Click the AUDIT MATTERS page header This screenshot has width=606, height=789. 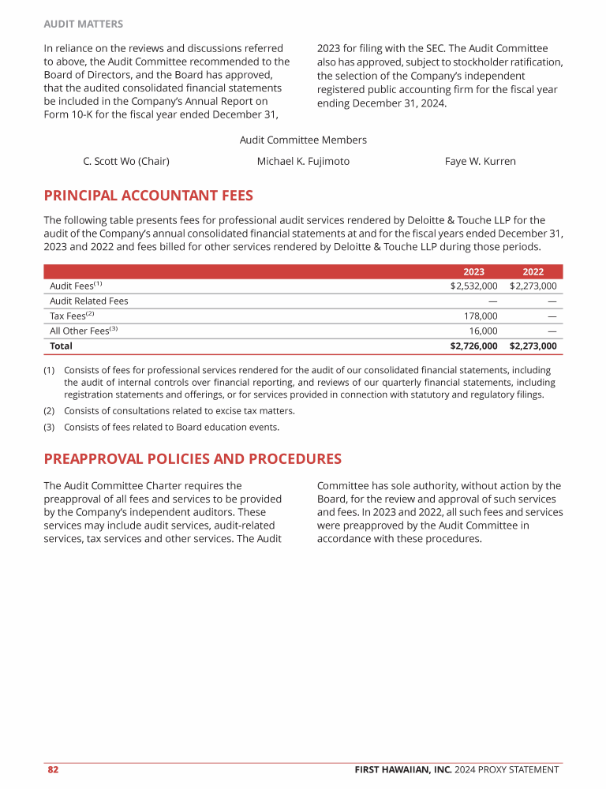point(83,24)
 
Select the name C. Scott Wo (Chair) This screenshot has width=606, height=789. point(126,161)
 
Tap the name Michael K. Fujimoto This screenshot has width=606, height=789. point(303,161)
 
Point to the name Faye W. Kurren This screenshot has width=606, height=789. point(480,161)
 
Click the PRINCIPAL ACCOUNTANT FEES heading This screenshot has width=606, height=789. point(148,195)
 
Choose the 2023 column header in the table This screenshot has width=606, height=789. point(473,271)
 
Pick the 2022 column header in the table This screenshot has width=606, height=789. point(533,271)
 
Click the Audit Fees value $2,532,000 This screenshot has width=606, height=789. point(473,286)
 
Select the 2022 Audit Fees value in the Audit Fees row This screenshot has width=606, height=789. point(533,286)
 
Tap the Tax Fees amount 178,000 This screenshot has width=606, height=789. point(480,316)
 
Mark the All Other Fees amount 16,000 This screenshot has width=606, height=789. point(483,331)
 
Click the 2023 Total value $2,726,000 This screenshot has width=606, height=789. point(473,346)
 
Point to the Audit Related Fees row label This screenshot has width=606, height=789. point(88,301)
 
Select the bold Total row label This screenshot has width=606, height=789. point(61,346)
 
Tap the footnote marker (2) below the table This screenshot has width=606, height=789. point(49,410)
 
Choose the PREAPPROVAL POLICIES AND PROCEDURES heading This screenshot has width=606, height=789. point(193,458)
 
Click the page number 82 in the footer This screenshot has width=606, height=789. point(53,769)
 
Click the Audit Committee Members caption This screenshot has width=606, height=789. point(303,140)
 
